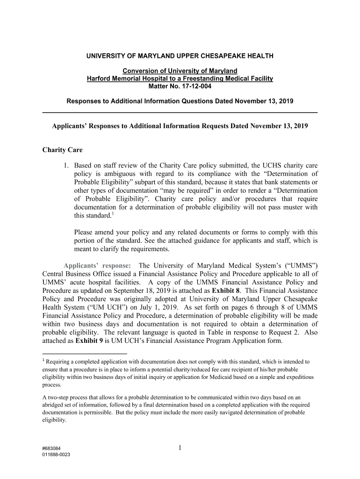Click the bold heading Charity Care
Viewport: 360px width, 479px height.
click(62, 150)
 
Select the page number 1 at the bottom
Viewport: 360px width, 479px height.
click(180, 448)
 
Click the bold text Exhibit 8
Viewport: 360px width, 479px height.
click(228, 290)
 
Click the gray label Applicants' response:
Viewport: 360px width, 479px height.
click(97, 265)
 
